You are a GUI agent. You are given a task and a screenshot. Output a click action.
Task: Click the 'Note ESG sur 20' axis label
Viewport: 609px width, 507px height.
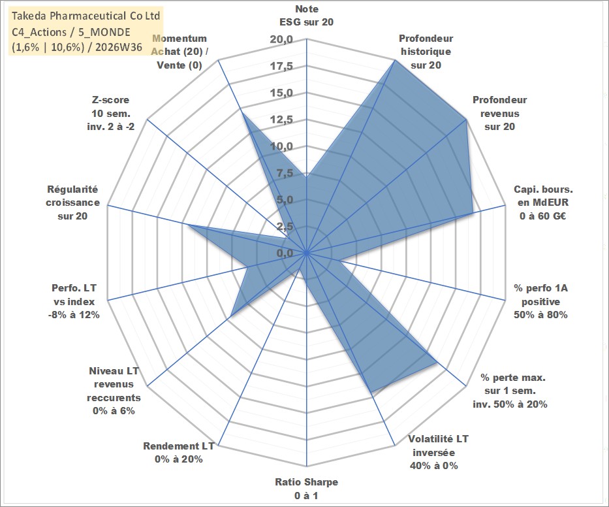[x=306, y=16]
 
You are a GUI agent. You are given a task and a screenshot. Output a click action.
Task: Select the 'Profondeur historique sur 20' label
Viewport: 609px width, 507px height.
[x=426, y=52]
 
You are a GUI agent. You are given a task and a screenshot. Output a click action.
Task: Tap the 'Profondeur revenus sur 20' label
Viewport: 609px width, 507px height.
[x=499, y=113]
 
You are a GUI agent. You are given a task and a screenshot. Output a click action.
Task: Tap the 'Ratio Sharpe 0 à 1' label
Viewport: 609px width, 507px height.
[x=306, y=489]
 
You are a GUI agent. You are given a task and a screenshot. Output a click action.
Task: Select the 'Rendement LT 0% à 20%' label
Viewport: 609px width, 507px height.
[x=179, y=453]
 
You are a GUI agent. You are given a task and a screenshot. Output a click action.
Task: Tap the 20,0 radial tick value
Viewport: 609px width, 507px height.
[x=281, y=40]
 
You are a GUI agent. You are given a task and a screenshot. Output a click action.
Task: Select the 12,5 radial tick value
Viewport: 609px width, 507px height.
[x=281, y=120]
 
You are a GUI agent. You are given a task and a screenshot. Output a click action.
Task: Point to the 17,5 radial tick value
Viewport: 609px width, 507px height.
[x=281, y=67]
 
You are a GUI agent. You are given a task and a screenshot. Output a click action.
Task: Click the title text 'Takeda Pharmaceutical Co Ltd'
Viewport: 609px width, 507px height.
[x=86, y=16]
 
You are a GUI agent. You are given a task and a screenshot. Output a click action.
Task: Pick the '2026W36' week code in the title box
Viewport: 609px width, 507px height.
[x=118, y=47]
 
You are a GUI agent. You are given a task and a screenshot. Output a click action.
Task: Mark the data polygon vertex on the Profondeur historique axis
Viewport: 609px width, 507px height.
[x=395, y=60]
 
